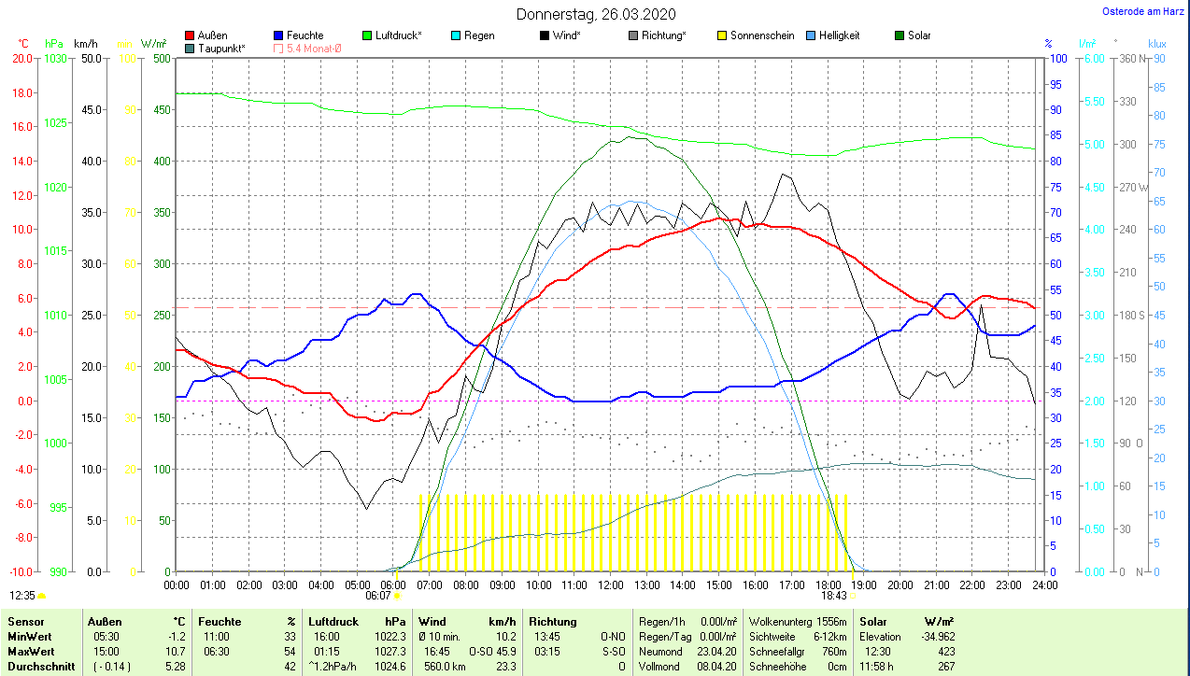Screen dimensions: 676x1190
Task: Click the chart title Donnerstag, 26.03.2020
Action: point(596,15)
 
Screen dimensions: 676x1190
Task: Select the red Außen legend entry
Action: point(206,35)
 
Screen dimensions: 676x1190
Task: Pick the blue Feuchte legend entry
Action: point(298,35)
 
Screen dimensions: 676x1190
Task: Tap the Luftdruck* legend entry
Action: point(391,35)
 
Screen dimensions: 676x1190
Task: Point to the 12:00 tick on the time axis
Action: point(610,584)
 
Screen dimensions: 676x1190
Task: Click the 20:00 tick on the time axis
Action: point(900,584)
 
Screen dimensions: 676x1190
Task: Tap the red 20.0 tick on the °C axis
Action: point(21,58)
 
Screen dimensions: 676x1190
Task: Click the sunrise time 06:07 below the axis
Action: point(377,595)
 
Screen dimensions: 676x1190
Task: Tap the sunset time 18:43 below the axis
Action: point(833,595)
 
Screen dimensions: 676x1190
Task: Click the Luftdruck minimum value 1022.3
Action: point(390,636)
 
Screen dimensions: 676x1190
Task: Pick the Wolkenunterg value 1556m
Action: point(829,621)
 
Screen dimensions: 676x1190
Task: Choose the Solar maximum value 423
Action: point(945,651)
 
